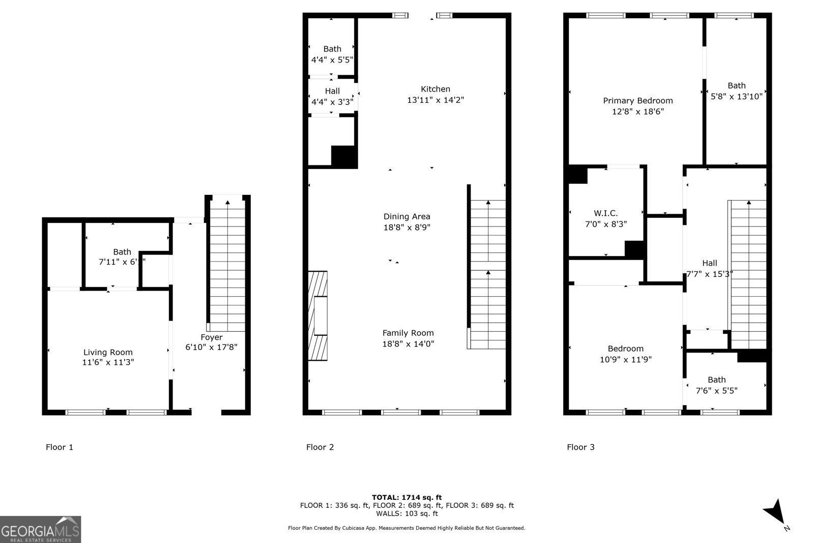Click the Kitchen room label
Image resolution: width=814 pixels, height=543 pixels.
coord(435,89)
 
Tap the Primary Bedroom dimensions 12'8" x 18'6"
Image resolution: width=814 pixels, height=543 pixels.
coord(637,111)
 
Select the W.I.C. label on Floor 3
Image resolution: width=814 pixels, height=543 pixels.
coord(605,214)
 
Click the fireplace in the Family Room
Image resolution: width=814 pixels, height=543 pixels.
coord(318,316)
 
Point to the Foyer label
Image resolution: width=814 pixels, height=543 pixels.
coord(211,337)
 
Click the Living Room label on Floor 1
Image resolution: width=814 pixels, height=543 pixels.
coord(108,352)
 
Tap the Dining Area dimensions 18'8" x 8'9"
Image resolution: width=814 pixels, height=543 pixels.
coord(406,227)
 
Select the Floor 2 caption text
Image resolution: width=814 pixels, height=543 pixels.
coord(319,447)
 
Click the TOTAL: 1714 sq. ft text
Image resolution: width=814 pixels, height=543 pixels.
coord(406,497)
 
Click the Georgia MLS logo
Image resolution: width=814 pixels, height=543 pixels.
coord(40,530)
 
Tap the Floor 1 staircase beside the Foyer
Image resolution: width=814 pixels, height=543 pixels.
coord(227,265)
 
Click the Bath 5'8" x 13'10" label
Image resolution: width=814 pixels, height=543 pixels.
coord(736,85)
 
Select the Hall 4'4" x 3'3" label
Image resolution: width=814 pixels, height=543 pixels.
coord(332,91)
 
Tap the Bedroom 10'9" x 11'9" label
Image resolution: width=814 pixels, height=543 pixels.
coord(625,349)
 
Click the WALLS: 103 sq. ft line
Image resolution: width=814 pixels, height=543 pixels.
coord(406,513)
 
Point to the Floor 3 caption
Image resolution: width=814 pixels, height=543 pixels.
coord(580,447)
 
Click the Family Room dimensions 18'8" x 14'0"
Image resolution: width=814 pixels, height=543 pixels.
coord(408,344)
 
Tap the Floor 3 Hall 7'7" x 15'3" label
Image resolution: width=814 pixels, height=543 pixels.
coord(709,263)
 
